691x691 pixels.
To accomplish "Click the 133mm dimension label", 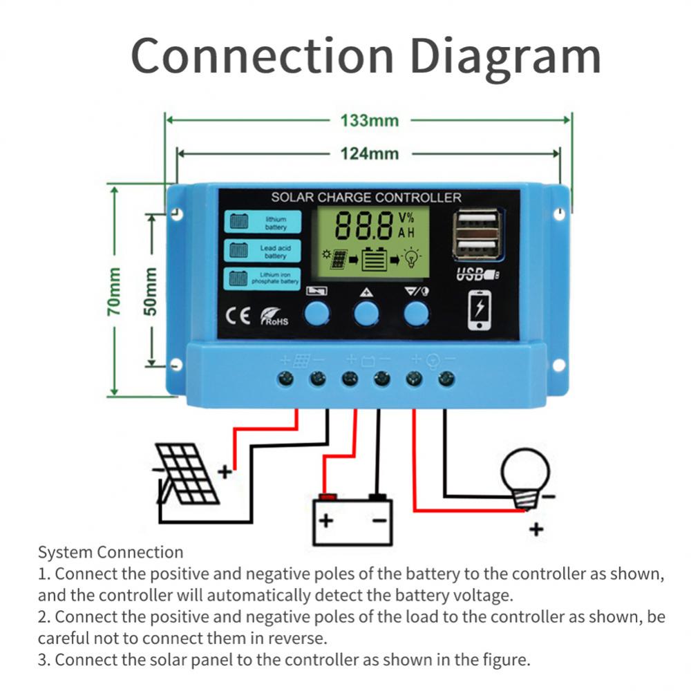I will tap(369, 120).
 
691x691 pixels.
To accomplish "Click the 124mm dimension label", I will tap(369, 153).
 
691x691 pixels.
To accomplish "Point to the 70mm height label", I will tap(115, 291).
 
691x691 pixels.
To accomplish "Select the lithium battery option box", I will tap(263, 223).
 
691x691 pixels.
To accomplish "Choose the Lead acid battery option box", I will tap(263, 251).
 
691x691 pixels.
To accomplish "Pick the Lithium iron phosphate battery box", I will tap(263, 278).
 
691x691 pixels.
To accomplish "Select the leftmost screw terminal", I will tap(285, 378).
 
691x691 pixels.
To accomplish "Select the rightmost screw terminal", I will tap(446, 378).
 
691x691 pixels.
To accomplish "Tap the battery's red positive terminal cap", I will tap(326, 496).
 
